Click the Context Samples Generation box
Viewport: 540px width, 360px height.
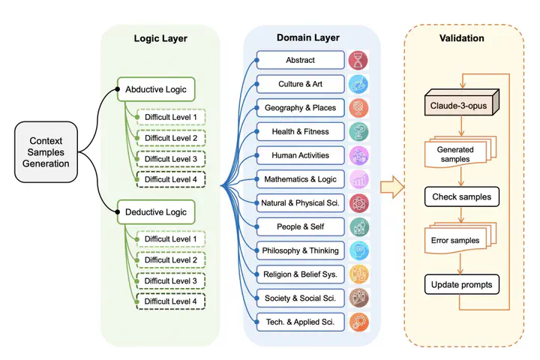tap(46, 152)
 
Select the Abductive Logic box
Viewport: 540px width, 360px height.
tap(156, 89)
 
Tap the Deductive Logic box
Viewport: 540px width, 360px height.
tap(156, 211)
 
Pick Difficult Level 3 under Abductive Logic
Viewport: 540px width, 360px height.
tap(171, 159)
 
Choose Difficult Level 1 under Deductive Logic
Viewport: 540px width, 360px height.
tap(171, 239)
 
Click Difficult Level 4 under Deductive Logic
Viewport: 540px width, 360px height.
tap(171, 301)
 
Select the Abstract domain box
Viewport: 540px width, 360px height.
tap(300, 60)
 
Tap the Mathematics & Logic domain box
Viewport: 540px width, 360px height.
tap(300, 179)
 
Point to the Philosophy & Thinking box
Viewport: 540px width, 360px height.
tap(300, 250)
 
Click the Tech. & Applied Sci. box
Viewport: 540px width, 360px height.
tap(300, 322)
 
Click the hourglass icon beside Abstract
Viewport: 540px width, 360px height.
tap(358, 60)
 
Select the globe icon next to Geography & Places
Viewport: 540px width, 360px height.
tap(358, 108)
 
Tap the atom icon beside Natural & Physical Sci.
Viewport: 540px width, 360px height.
tap(358, 203)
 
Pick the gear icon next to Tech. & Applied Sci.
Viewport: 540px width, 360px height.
tap(358, 322)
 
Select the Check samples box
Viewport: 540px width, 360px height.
tap(462, 196)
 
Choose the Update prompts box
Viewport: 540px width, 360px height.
tap(462, 284)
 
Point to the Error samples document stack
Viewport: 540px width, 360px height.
tap(460, 238)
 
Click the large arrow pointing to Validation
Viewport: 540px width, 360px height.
tap(392, 187)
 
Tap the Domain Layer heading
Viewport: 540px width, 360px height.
tap(308, 37)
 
